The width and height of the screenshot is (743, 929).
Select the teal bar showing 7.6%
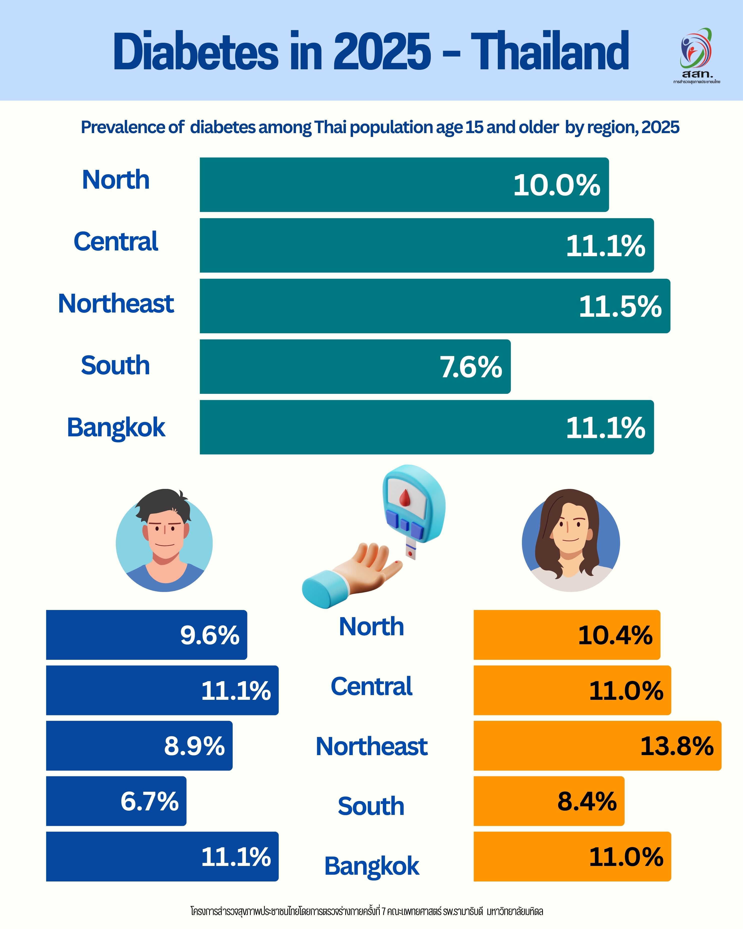click(x=355, y=367)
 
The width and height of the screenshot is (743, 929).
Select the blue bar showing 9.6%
click(x=146, y=635)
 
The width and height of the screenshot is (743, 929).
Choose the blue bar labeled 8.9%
click(x=139, y=746)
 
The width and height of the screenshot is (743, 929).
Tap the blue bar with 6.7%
click(x=116, y=801)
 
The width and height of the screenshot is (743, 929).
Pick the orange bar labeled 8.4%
click(x=549, y=801)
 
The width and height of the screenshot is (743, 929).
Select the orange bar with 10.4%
click(x=567, y=635)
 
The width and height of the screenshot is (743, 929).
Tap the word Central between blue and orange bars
click(x=371, y=686)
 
